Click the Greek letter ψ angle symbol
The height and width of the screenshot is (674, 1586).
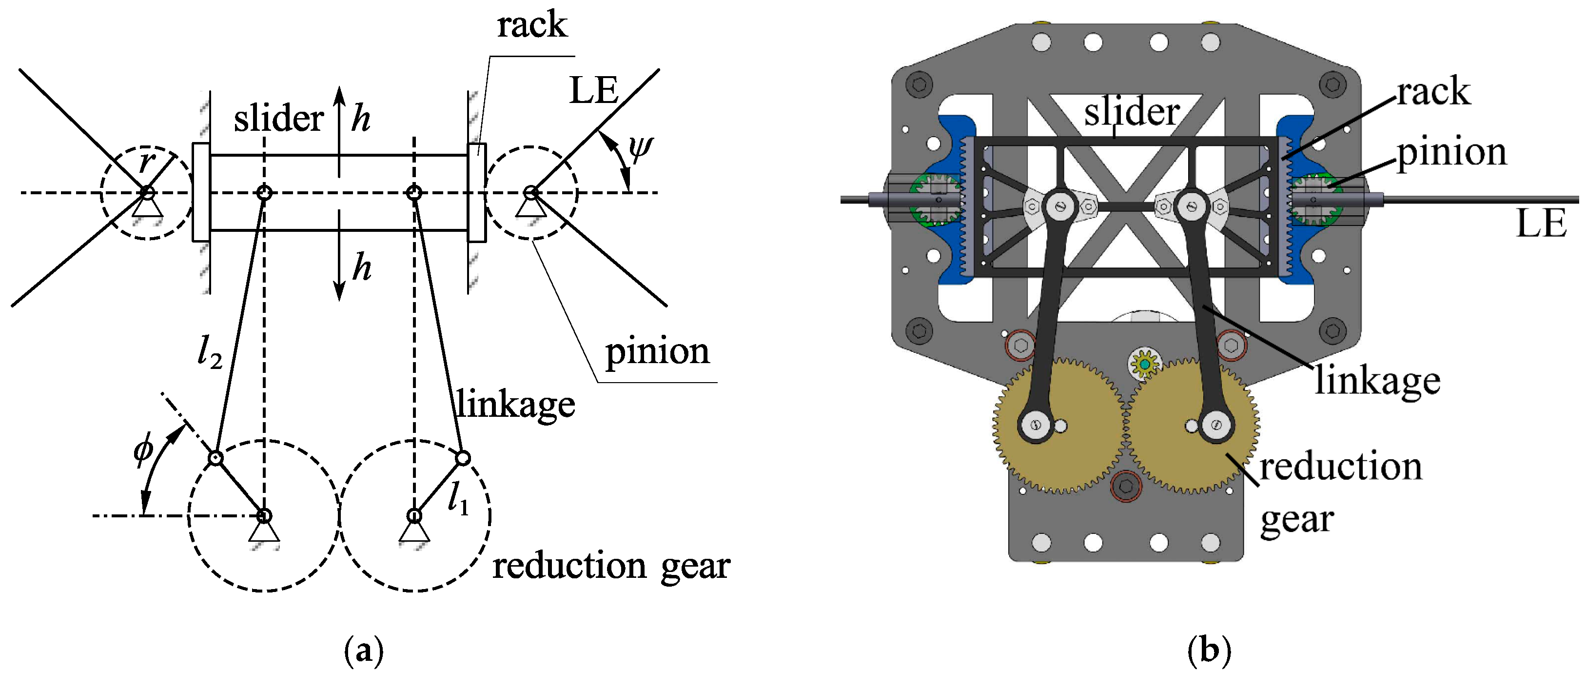[x=640, y=148]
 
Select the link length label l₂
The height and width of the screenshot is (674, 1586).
[x=209, y=352]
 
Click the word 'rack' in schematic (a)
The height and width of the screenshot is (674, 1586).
[x=531, y=26]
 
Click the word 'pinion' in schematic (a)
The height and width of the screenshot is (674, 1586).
[x=657, y=352]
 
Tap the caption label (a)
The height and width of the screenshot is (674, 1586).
[x=364, y=651]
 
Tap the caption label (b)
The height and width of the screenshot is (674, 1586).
[x=1209, y=651]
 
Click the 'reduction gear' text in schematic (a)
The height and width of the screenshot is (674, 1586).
[x=611, y=566]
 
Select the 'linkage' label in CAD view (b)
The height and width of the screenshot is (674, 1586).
[x=1377, y=381]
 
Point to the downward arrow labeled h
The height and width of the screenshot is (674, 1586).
[x=339, y=259]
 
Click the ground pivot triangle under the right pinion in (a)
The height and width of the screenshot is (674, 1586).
[x=530, y=207]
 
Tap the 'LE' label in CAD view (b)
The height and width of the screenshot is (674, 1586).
[x=1541, y=223]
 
